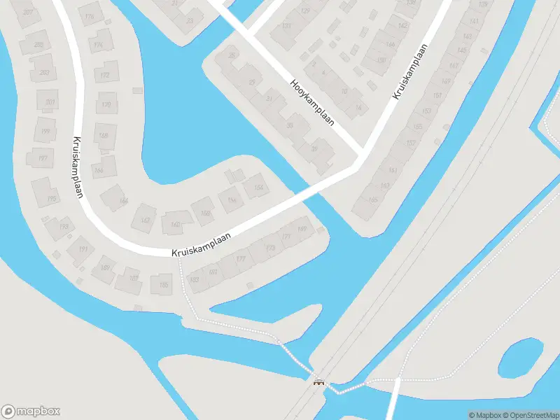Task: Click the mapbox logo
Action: (x=31, y=412)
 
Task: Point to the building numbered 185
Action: (x=164, y=285)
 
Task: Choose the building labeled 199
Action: (x=47, y=132)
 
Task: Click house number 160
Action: (x=175, y=225)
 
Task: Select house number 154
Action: (x=258, y=188)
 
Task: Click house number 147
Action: (x=454, y=66)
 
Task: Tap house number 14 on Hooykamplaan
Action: (x=358, y=107)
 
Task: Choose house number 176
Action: (x=89, y=17)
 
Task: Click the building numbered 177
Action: (x=241, y=260)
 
